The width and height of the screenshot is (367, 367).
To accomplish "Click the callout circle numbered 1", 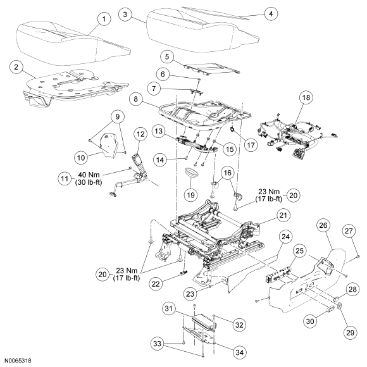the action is tap(104, 19).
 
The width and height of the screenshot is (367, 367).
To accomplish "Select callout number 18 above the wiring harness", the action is tap(306, 97).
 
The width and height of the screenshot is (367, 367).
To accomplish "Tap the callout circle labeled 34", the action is tap(240, 352).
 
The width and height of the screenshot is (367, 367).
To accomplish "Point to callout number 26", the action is tap(323, 225).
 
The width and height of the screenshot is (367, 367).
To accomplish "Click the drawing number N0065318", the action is tap(18, 361).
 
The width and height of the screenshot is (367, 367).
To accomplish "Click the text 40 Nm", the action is tap(89, 175).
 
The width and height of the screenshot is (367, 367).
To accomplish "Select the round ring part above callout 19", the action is tap(190, 174).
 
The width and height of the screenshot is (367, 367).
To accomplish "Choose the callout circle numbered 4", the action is tap(271, 14).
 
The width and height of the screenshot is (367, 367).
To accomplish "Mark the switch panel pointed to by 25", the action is tap(279, 275).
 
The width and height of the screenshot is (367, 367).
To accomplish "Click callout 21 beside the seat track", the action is tap(283, 215).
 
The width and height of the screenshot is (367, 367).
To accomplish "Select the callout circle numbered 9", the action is tap(118, 116).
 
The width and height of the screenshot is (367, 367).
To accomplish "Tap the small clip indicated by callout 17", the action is tap(233, 129).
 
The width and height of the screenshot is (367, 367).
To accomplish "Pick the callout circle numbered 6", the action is tap(163, 74).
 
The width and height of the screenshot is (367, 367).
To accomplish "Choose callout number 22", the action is tap(156, 283).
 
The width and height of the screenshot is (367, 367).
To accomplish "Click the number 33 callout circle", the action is tap(158, 344).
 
